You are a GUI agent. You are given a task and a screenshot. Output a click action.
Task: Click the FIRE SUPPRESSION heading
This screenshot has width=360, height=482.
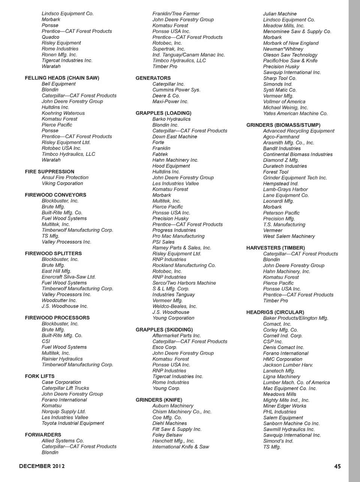[x=49, y=172]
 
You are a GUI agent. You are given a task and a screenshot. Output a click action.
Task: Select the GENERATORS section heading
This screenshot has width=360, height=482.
[x=153, y=78]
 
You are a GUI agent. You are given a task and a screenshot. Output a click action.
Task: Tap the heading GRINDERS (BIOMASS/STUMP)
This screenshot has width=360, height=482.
[x=283, y=125]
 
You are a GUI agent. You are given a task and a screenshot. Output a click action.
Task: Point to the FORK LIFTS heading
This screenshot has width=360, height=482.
[x=40, y=376]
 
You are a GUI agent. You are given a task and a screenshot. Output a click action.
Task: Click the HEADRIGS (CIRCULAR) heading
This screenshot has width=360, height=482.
[x=275, y=312]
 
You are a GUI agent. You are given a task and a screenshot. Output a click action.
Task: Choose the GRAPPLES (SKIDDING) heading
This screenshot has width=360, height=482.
[x=164, y=330]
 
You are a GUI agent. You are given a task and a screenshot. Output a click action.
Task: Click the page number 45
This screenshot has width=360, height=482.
[x=337, y=466]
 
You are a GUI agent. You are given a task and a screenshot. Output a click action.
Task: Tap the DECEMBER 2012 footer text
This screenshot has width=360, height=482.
[x=42, y=466]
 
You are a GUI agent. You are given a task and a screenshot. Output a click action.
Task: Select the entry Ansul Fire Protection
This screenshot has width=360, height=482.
[x=65, y=178]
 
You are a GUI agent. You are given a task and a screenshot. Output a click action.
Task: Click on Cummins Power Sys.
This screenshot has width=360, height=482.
[x=176, y=90]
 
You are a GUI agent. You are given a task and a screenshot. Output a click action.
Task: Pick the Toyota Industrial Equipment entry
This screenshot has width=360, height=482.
[x=73, y=423]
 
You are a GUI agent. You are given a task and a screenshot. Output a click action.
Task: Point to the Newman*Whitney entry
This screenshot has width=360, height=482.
[x=283, y=49]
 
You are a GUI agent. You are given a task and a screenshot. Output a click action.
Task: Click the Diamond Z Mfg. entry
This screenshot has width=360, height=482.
[x=281, y=160]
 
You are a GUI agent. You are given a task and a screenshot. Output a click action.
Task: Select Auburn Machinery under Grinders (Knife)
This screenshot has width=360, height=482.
[x=173, y=406]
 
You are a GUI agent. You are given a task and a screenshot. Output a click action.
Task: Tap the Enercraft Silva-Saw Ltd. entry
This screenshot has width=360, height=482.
[x=69, y=277]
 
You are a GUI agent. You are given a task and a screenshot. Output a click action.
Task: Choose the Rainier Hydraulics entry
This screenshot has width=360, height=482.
[x=62, y=359]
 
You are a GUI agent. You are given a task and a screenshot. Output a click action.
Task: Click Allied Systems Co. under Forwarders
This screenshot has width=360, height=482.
[x=63, y=441]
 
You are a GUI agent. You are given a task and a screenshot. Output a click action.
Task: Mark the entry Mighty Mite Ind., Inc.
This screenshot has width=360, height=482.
[x=286, y=400]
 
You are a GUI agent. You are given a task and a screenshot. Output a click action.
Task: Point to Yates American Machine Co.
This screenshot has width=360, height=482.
[x=295, y=113]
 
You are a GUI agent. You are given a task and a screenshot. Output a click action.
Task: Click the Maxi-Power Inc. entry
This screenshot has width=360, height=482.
[x=170, y=101]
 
